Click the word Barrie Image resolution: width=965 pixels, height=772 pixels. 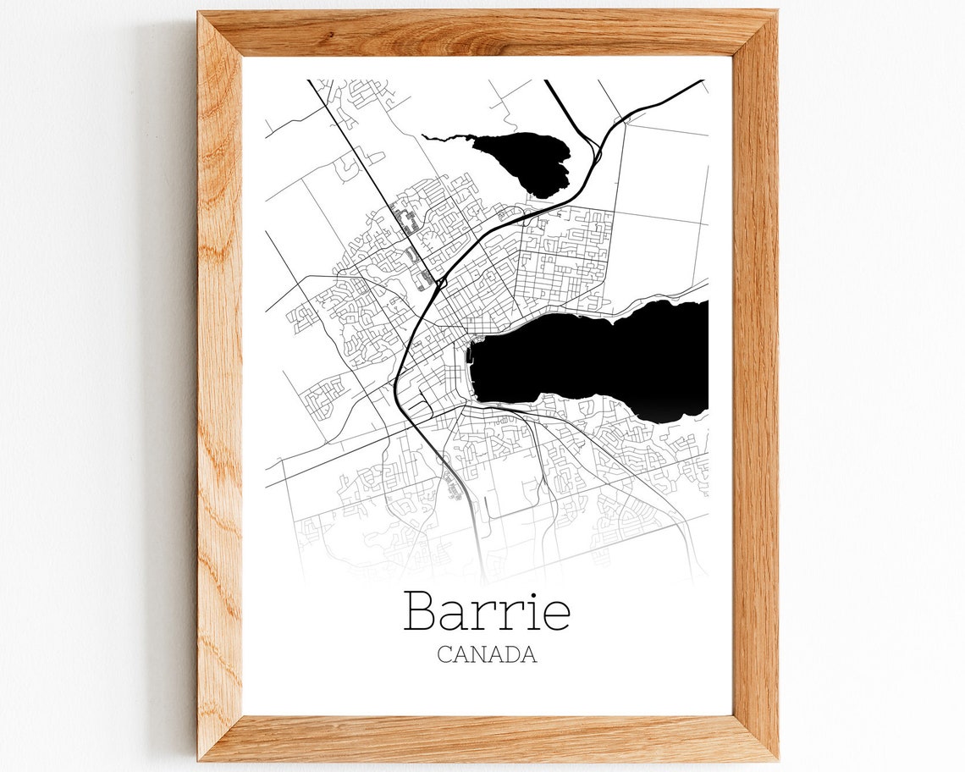click(487, 610)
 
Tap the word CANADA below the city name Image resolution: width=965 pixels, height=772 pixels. click(487, 654)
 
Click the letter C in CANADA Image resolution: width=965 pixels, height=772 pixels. click(444, 654)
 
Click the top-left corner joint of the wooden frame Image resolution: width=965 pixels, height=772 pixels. click(220, 34)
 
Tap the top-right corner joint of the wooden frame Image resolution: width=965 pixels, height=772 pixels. click(755, 34)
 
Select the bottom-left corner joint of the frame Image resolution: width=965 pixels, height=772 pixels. click(220, 738)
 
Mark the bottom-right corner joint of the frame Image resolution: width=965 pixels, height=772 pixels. click(755, 738)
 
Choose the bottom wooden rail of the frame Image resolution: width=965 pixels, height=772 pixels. click(487, 738)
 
